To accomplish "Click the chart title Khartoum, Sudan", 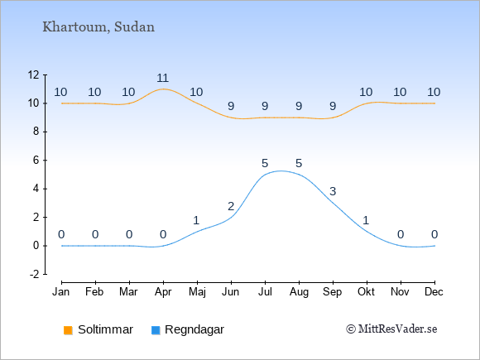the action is point(98,27).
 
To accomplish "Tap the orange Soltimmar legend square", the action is point(68,330).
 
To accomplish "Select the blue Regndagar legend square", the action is point(156,330).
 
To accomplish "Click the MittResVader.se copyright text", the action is point(391,329).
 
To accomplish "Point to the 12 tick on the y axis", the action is point(33,74).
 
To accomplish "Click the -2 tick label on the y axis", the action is point(34,274).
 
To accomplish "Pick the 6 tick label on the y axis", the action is point(36,160).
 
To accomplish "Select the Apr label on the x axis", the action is point(163,292).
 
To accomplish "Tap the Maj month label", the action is point(197,292).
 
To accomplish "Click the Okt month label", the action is point(367,292).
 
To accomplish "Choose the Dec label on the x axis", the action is point(434,292).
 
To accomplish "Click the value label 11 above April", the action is point(163,78).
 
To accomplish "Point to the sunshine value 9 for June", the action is point(231,106).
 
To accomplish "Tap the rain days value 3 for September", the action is point(333,191).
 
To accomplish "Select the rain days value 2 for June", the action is point(231,206).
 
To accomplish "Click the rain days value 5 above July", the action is point(265,163).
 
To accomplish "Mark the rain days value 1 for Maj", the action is point(196,220).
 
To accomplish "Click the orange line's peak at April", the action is point(163,89).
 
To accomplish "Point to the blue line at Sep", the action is point(333,203).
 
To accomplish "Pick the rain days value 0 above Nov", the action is point(401,234).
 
